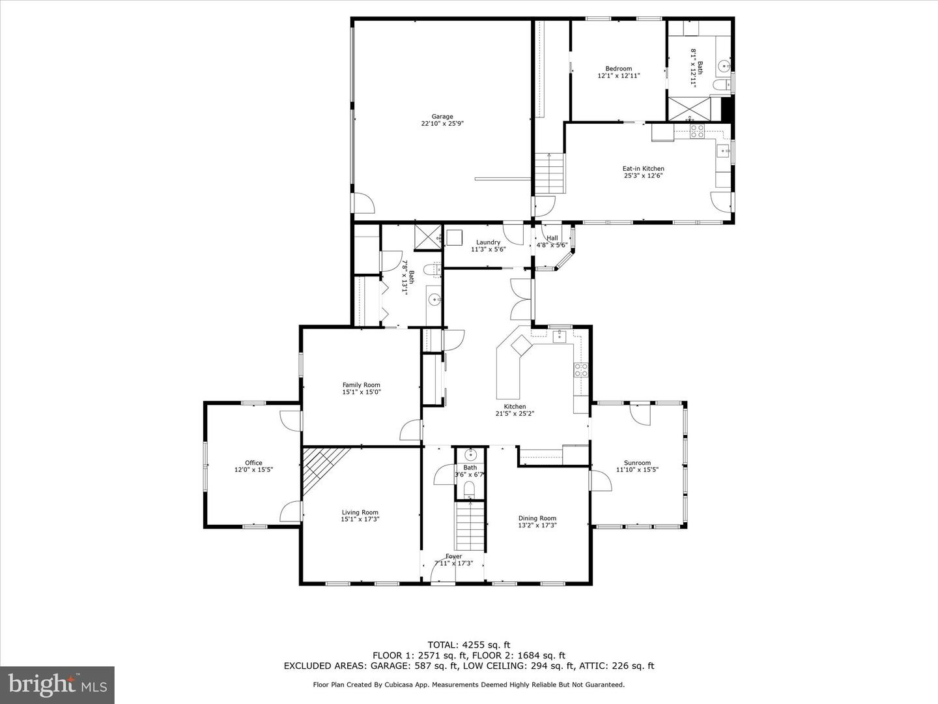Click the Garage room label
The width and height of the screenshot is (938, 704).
(x=442, y=117)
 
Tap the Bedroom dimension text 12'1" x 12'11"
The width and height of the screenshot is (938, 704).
(x=618, y=76)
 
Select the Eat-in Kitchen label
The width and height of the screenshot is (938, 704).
(x=643, y=169)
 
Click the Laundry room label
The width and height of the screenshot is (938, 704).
(x=488, y=242)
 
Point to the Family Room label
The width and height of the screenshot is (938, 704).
(x=361, y=385)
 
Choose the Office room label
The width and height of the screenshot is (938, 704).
(x=253, y=463)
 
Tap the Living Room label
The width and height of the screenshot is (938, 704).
(x=360, y=512)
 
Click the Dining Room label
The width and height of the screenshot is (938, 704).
(x=537, y=518)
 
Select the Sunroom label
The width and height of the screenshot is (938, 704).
(x=637, y=463)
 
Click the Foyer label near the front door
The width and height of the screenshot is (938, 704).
(x=453, y=556)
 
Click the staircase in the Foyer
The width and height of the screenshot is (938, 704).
(x=470, y=525)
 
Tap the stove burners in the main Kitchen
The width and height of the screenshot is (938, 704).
(x=580, y=370)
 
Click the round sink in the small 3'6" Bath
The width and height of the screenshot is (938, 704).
(x=470, y=455)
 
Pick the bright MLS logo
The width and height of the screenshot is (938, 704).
(x=57, y=684)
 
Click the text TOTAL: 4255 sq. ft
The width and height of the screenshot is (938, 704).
(x=468, y=645)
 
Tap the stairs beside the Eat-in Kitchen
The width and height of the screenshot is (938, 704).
(x=549, y=173)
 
